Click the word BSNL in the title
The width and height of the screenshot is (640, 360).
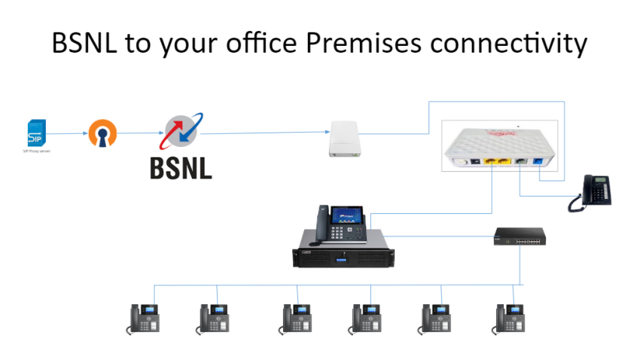point(85,43)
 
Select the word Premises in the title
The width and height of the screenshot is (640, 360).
point(363,43)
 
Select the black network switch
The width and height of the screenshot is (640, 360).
point(518,238)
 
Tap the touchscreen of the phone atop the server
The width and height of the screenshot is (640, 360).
point(345,215)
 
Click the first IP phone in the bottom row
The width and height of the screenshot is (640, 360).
point(144,318)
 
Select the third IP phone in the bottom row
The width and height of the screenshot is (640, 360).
point(297,318)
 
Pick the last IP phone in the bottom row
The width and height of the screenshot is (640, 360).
point(510,318)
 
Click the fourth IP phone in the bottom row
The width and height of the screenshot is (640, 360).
point(367,318)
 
